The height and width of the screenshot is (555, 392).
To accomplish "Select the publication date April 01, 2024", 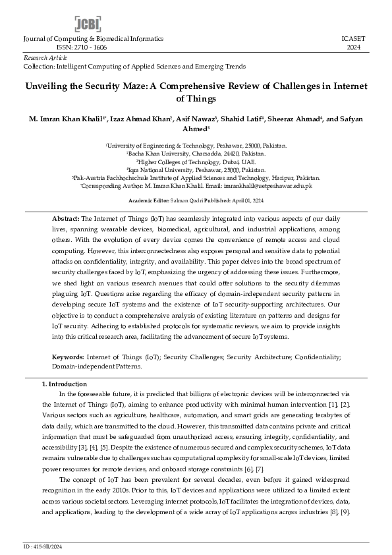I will (246, 200).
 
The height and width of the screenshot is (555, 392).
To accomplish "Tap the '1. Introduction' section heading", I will (64, 384).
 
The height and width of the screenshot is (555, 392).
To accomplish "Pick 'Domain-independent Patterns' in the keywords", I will (96, 365).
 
